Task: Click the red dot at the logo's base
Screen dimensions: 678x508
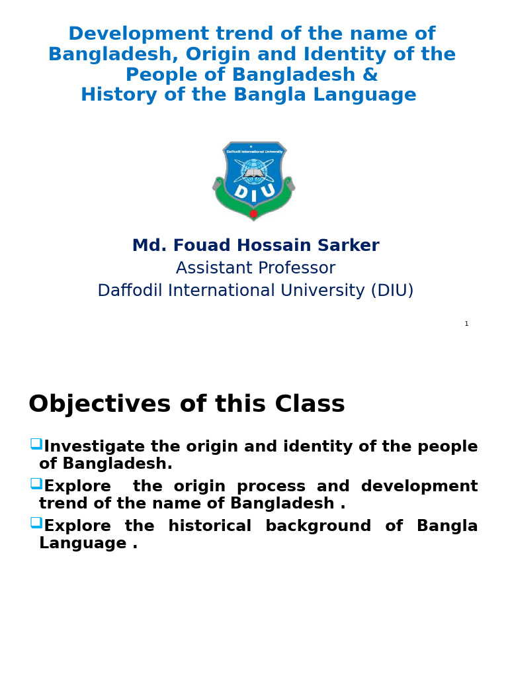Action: tap(253, 213)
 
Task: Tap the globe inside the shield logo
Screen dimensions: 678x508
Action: tap(253, 171)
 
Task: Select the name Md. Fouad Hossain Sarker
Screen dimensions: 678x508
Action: tap(255, 246)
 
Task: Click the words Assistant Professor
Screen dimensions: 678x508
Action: tap(255, 268)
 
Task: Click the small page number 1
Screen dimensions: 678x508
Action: tap(466, 324)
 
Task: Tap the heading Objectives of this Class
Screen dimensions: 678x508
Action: tap(187, 404)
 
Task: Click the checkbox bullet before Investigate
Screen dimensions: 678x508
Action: tap(36, 444)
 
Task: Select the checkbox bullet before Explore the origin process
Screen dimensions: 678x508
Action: tap(36, 483)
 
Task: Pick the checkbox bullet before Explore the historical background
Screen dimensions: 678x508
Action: tap(36, 522)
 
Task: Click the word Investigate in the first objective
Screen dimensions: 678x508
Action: tap(95, 447)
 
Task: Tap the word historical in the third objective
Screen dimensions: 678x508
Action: tap(210, 526)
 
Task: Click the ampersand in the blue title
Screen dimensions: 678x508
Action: tap(370, 75)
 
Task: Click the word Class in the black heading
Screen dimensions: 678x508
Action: tap(310, 404)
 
